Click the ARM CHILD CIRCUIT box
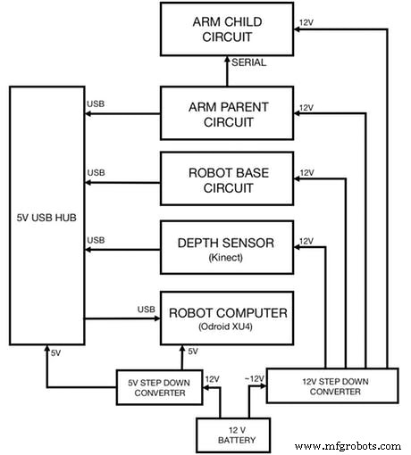(225, 30)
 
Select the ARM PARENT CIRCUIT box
(225, 112)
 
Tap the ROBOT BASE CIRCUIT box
(225, 178)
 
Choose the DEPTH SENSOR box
(225, 248)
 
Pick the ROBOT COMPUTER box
(225, 318)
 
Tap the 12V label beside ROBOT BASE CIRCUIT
(307, 171)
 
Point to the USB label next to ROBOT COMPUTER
(147, 310)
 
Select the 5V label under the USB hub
(55, 352)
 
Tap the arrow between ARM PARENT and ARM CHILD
(225, 71)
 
